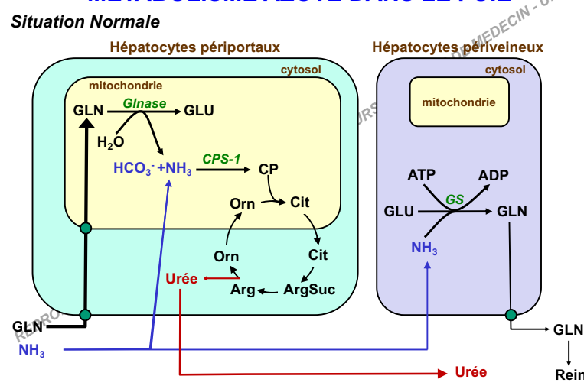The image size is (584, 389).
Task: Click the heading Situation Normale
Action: pos(85,21)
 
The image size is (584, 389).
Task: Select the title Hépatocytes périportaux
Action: pos(194,47)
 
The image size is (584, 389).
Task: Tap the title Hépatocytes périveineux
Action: pos(457,47)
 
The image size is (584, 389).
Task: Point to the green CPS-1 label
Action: pos(222,159)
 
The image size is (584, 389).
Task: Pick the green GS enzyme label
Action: pos(455,199)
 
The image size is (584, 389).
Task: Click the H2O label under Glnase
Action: pos(110,141)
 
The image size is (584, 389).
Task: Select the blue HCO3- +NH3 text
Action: pos(152,169)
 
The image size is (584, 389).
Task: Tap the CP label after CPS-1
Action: pos(267,169)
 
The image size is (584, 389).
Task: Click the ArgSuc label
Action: pos(308,290)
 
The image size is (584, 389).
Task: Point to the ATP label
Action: pos(421,174)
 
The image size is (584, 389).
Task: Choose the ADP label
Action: pos(493,174)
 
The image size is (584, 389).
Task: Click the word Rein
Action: pos(569,375)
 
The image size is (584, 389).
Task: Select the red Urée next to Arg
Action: pos(181,279)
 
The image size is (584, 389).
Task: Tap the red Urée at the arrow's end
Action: pos(470,372)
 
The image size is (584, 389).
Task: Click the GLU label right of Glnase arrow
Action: pos(199,111)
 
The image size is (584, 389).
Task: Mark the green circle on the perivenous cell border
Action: pos(511,314)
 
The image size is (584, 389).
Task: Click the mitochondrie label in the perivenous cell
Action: pos(458,102)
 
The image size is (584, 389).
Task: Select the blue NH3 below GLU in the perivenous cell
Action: pos(424,248)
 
